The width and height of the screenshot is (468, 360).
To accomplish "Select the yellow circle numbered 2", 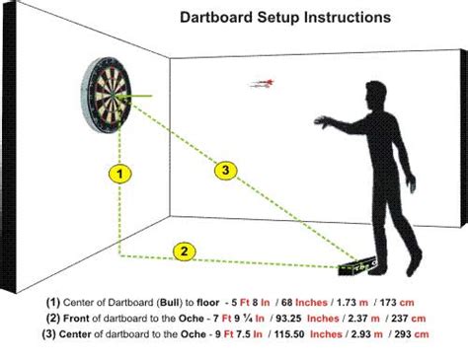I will pos(182,251).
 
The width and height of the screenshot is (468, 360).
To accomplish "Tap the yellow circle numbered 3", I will pos(226,171).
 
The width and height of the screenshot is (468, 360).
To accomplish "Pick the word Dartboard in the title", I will pos(215,17).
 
